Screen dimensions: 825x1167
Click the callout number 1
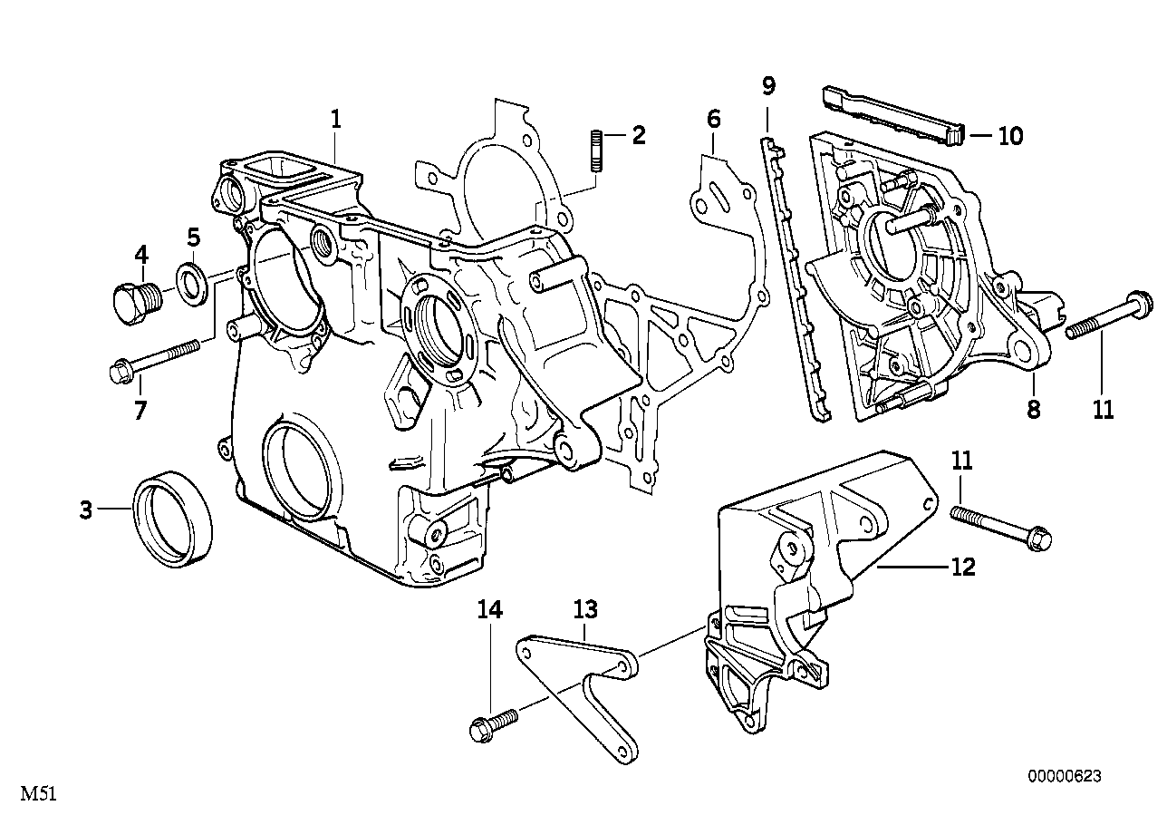(335, 118)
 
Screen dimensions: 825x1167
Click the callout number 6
(713, 118)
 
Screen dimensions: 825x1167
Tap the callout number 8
(1033, 410)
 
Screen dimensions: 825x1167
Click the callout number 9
(768, 87)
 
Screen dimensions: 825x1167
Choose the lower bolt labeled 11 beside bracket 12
(1001, 527)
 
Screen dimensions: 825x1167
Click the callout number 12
(962, 568)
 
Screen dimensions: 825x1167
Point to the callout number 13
(584, 609)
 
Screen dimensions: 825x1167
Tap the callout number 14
(489, 610)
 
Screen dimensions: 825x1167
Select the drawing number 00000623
(1064, 776)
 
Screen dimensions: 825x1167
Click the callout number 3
(85, 511)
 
